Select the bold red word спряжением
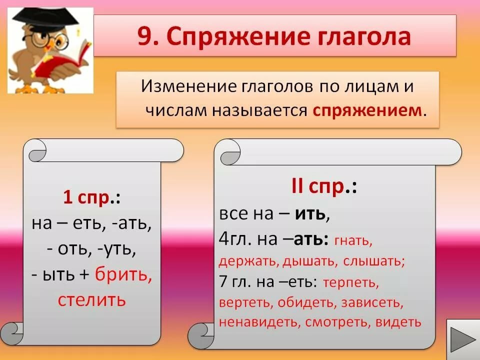click(367, 111)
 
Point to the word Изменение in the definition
click(189, 86)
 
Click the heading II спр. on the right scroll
click(324, 186)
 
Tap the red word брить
click(123, 274)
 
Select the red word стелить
click(92, 300)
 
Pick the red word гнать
click(353, 241)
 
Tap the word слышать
click(374, 261)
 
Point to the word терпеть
click(351, 282)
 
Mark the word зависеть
click(372, 303)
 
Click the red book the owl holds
click(63, 61)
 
